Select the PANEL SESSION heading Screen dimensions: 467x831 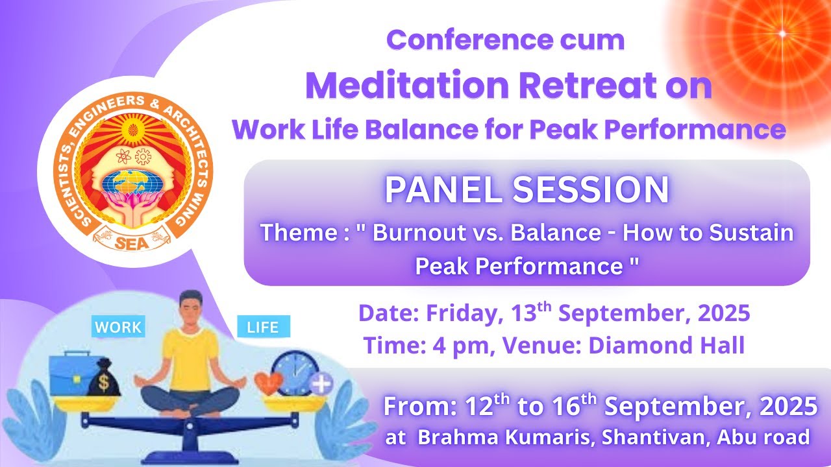(x=527, y=190)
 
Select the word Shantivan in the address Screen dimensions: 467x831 (x=654, y=437)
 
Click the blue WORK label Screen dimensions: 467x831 (x=118, y=328)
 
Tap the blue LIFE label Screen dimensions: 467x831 (x=263, y=328)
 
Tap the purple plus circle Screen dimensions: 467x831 (x=320, y=384)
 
